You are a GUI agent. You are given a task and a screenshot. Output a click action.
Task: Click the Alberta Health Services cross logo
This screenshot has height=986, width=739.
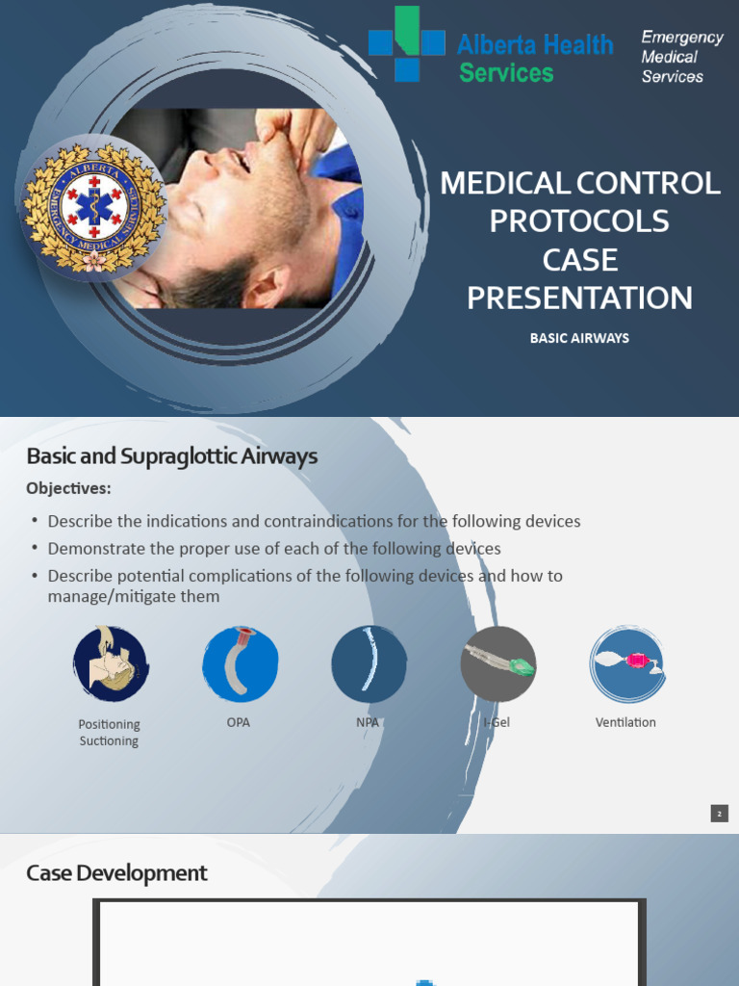pos(406,43)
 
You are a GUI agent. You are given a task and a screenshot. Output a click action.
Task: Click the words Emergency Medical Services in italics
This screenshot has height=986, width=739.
pos(681,57)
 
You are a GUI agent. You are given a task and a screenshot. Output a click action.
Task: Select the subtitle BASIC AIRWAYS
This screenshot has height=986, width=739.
pos(579,339)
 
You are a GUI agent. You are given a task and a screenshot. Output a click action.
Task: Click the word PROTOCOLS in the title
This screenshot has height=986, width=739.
pos(579,221)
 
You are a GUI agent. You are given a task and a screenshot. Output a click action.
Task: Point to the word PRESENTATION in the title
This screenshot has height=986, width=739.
pos(579,298)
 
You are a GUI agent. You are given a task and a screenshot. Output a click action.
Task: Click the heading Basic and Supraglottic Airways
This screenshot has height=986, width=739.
pos(171,456)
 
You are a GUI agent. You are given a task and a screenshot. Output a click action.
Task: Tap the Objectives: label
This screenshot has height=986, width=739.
pos(68,488)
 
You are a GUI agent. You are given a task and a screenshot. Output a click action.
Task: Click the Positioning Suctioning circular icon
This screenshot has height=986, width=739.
pos(110,663)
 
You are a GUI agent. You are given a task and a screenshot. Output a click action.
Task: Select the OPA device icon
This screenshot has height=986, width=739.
pos(240,663)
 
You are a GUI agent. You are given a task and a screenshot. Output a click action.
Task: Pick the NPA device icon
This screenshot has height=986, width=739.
pos(369,663)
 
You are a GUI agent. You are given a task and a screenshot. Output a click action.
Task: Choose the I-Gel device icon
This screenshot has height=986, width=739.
pos(497,663)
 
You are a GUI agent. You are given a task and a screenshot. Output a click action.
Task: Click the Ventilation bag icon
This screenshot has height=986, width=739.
pos(626,663)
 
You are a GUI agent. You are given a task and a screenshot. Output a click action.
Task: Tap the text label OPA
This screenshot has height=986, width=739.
pos(239,722)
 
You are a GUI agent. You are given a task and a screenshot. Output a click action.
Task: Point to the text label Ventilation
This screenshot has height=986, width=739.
pos(625,722)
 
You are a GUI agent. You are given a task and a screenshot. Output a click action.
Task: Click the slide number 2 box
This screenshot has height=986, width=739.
pos(720,814)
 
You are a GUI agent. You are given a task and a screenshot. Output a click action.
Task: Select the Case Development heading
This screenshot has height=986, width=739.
pos(116,873)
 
